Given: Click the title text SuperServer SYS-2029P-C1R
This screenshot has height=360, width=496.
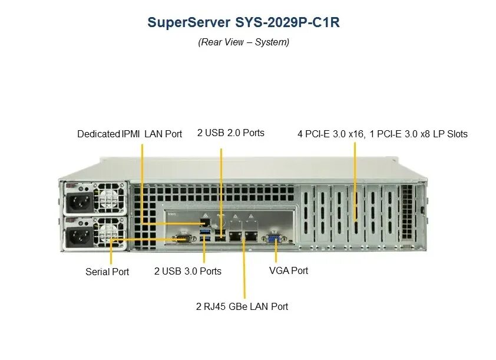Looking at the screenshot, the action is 243,23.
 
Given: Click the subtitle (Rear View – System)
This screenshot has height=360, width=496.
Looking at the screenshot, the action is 243,42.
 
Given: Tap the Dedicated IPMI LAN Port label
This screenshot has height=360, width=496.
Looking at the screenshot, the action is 130,134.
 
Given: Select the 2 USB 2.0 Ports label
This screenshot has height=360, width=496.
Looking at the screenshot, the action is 231,133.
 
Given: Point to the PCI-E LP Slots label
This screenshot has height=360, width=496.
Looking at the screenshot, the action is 382,134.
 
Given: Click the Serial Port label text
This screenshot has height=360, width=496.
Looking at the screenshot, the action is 107,272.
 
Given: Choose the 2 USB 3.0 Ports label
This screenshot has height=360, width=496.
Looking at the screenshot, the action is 188,271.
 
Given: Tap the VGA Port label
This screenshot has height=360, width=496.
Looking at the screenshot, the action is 289,270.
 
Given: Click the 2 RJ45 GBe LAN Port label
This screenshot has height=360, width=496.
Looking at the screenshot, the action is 242,306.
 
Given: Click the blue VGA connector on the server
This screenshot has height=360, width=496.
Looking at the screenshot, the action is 275,238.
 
